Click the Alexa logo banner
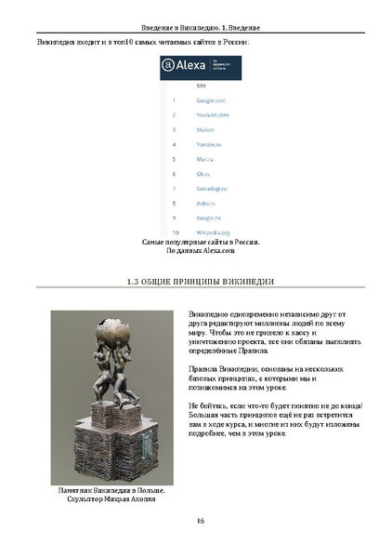click(200, 66)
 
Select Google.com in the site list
click(212, 100)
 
